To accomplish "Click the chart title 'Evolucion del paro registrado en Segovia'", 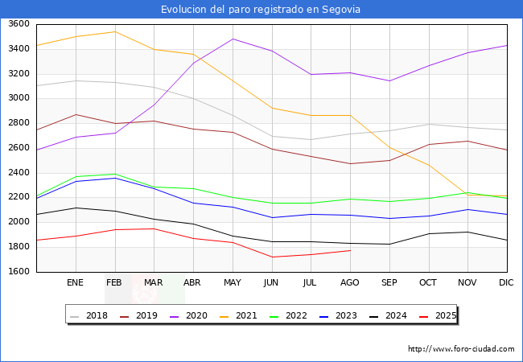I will (261, 10).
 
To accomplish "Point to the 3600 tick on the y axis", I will (19, 24).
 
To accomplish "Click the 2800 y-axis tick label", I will (19, 123).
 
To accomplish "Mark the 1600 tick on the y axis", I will (19, 272).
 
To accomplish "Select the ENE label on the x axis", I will (75, 283).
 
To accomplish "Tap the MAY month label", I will (232, 283).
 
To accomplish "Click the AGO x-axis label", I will (350, 283).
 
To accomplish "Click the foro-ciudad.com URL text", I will (461, 349).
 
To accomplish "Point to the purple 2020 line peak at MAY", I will (233, 39).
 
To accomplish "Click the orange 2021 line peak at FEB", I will (115, 31).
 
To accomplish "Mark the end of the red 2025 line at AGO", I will (350, 250).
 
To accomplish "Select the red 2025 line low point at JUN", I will (272, 257).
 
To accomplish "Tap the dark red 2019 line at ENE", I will (76, 114).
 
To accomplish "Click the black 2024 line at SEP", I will (389, 244).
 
